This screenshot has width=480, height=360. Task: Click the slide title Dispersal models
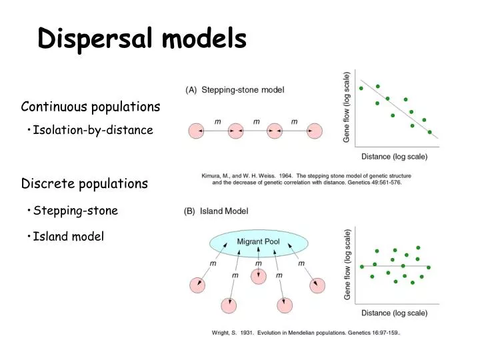click(x=142, y=39)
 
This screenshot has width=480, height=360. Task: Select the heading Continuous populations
click(x=90, y=107)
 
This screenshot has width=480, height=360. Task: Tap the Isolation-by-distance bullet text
click(x=93, y=130)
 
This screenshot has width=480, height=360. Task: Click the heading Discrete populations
click(x=84, y=183)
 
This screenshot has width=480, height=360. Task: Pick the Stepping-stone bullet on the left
click(x=75, y=211)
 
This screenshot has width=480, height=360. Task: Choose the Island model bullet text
click(x=68, y=236)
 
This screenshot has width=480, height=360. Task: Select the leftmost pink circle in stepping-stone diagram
click(x=197, y=131)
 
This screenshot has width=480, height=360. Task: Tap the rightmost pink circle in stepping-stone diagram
click(x=313, y=131)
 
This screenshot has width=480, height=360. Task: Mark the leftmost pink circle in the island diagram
click(x=197, y=285)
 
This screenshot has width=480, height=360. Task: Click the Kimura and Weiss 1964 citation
click(x=307, y=179)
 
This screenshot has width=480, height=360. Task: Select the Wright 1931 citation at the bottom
click(x=306, y=332)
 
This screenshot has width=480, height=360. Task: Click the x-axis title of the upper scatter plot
click(x=394, y=157)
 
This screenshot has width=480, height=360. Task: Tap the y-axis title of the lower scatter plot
click(x=347, y=264)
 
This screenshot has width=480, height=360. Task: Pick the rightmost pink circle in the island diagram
click(x=317, y=285)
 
